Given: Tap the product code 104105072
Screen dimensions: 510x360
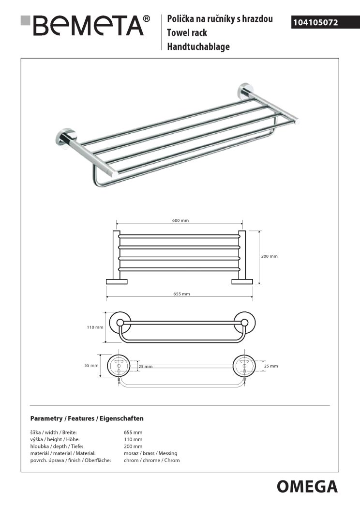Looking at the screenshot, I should tap(315, 22).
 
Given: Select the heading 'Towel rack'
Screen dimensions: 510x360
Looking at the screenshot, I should tap(187, 33).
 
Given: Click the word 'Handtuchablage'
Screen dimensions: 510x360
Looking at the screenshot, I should tap(198, 47).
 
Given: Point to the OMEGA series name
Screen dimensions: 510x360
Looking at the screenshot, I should tap(307, 486).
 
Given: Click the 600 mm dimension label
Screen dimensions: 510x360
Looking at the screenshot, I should tap(180, 220).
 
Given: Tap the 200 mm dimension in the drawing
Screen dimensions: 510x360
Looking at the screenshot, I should tap(270, 256).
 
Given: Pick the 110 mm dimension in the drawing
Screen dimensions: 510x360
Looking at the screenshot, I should tap(95, 327).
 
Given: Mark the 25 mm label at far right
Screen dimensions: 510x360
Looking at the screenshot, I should tap(271, 366).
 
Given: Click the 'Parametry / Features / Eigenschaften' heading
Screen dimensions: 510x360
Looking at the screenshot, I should tap(87, 418).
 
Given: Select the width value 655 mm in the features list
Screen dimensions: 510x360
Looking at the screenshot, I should tap(133, 432).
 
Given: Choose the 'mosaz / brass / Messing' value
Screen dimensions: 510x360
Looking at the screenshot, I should tap(150, 453).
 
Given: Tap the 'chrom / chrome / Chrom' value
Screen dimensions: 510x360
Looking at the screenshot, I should tap(151, 460).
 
